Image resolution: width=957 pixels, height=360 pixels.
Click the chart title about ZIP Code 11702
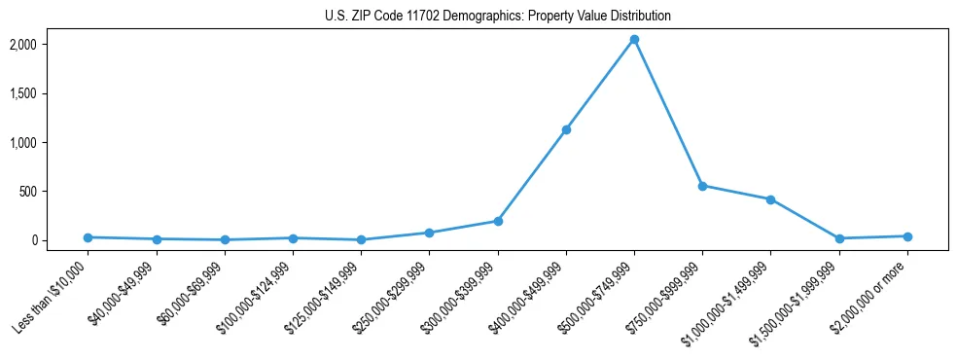(x=497, y=17)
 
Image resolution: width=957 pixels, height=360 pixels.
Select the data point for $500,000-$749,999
(x=634, y=40)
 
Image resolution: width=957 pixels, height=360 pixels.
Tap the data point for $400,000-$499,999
(x=566, y=129)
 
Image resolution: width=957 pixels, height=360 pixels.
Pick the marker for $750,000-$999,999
(x=702, y=186)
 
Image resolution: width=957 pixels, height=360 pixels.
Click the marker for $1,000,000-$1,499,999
(x=770, y=199)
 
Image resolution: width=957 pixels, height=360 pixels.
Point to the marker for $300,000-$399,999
(x=498, y=221)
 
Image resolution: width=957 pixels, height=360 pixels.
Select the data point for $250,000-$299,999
(x=429, y=233)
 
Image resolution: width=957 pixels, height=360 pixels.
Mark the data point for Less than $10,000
(x=89, y=237)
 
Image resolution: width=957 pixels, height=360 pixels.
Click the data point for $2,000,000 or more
(x=906, y=236)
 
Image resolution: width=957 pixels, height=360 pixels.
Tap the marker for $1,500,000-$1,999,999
(x=838, y=238)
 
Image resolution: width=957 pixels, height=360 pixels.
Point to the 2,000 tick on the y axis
(x=51, y=45)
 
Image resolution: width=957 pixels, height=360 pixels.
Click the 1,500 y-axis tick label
(x=51, y=93)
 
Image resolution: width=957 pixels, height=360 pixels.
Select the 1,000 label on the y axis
(x=51, y=142)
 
